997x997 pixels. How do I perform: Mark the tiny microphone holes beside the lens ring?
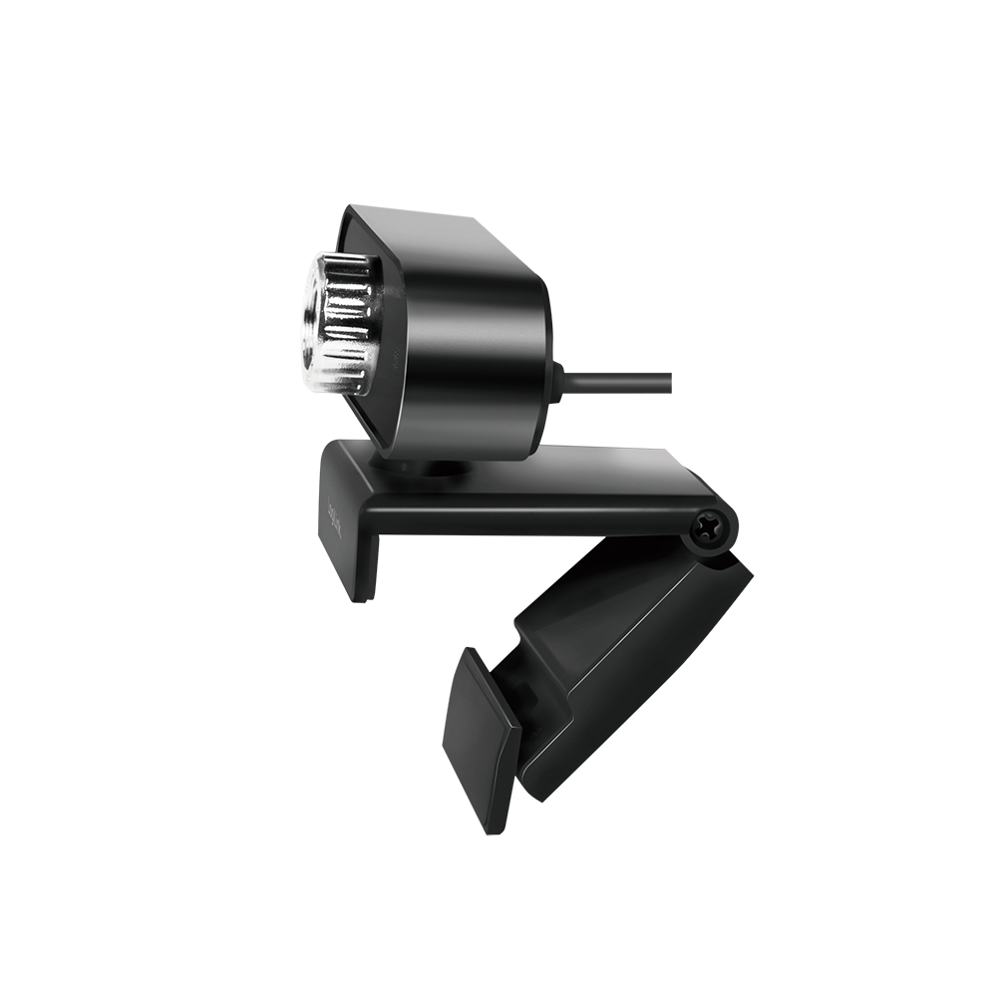pos(397,361)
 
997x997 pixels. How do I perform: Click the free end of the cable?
pos(666,381)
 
